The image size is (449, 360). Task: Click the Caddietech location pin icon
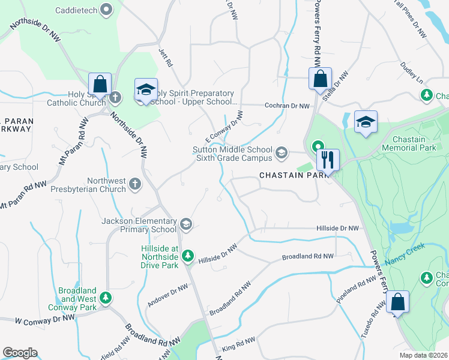pyautogui.click(x=107, y=9)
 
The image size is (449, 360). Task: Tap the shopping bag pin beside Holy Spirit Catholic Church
pyautogui.click(x=100, y=83)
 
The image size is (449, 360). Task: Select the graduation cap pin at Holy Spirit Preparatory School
pyautogui.click(x=145, y=89)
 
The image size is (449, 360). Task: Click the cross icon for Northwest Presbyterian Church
pyautogui.click(x=135, y=184)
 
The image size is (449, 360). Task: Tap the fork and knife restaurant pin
pyautogui.click(x=328, y=160)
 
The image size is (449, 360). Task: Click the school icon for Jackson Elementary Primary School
pyautogui.click(x=186, y=224)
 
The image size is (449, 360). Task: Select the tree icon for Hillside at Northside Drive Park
pyautogui.click(x=188, y=256)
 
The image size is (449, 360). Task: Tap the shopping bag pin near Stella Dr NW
pyautogui.click(x=321, y=78)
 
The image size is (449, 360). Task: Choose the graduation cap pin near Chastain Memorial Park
pyautogui.click(x=366, y=122)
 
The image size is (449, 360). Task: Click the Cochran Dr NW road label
pyautogui.click(x=288, y=106)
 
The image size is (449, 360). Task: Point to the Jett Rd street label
pyautogui.click(x=165, y=58)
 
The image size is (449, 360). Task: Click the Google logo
pyautogui.click(x=20, y=352)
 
